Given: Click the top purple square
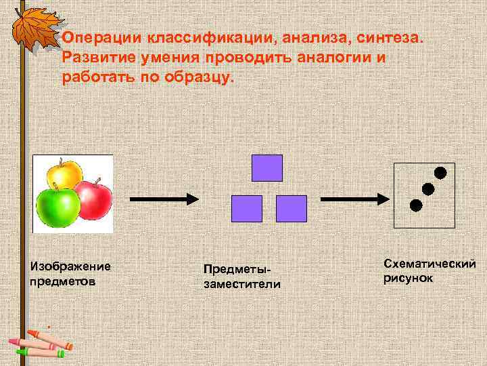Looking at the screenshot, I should pyautogui.click(x=266, y=167).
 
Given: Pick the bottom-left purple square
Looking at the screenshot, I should pyautogui.click(x=246, y=209).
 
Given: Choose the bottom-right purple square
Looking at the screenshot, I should pyautogui.click(x=292, y=209).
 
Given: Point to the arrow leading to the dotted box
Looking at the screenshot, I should pyautogui.click(x=354, y=199).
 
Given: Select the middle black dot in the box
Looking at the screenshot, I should pyautogui.click(x=428, y=188).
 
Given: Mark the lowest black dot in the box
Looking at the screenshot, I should pyautogui.click(x=416, y=205).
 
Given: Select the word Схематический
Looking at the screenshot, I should pyautogui.click(x=430, y=263).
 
